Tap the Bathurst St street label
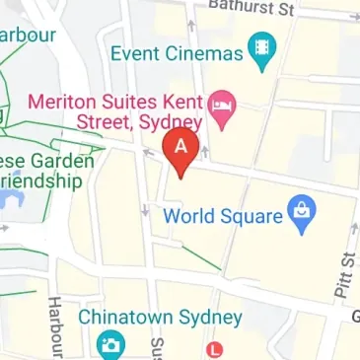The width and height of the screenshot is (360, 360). [252, 9]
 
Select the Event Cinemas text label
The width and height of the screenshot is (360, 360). [177, 52]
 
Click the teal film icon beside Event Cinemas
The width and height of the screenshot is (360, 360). [262, 50]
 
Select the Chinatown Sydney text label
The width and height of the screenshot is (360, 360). [160, 318]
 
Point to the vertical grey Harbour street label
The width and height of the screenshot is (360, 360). [55, 326]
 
